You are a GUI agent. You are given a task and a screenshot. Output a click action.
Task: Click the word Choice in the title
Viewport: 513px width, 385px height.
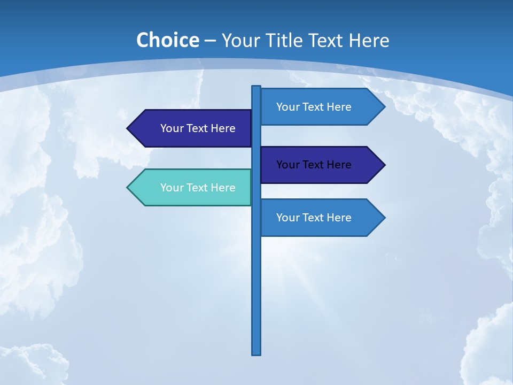167,40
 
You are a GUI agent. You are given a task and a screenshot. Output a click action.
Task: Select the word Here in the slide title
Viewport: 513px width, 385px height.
369,41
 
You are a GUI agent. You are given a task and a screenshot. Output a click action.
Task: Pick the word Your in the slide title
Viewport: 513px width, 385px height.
239,41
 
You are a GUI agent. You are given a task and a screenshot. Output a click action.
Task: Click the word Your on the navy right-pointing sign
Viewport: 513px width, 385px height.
287,165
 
